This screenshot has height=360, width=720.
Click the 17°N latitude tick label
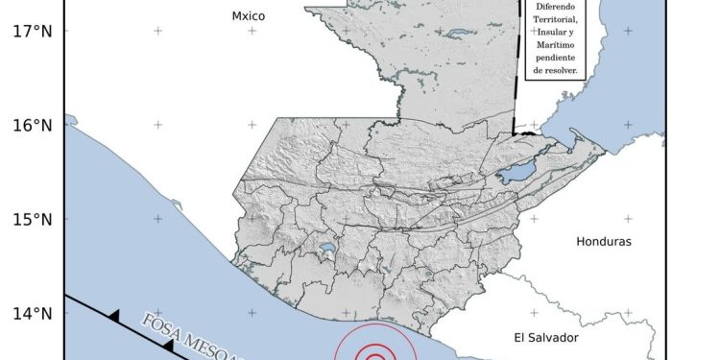click(x=32, y=32)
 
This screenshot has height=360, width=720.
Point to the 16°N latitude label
click(x=32, y=126)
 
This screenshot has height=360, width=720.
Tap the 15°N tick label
click(x=32, y=220)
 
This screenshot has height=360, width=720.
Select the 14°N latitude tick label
click(x=32, y=313)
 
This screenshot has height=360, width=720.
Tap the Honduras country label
click(x=604, y=242)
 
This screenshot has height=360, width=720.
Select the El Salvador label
click(x=549, y=337)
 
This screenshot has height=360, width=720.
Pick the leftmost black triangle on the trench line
click(x=113, y=315)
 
